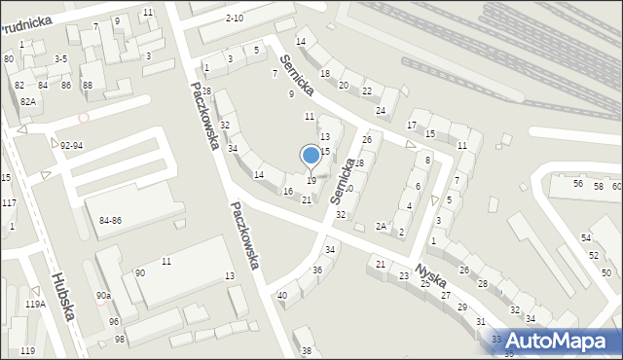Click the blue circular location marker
point(311,155)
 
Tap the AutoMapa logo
point(557,341)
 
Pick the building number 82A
point(28,101)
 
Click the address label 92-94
point(71,145)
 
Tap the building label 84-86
point(110,221)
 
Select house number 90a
point(102,295)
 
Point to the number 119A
point(35,305)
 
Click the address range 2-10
point(234,18)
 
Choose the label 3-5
point(60,58)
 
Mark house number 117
point(8,202)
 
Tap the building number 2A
point(382,226)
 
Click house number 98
point(120,340)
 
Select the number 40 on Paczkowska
point(282,295)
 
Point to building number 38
point(308,350)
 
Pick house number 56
point(578,183)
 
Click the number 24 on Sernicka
point(381,110)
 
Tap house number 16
point(288,191)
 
